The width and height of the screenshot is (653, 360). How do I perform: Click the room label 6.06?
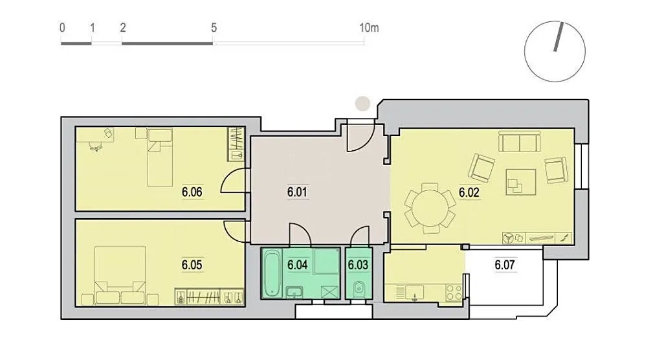point(192,192)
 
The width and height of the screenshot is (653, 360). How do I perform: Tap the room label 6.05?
point(192,265)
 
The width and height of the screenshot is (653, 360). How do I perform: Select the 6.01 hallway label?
point(297,192)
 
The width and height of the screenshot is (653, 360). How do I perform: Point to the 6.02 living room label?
point(469,192)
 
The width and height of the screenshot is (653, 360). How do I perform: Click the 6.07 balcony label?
point(505,265)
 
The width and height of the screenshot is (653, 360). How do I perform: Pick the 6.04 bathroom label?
point(297,265)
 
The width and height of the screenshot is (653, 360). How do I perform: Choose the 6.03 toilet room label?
point(358,265)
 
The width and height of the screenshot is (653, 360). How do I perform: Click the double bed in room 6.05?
point(120,275)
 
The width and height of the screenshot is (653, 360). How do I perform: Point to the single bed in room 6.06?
point(160,157)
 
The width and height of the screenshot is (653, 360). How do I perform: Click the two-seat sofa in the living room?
point(519,142)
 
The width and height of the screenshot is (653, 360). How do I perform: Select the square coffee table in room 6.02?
point(520,182)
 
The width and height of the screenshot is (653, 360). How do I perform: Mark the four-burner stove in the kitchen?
point(453,293)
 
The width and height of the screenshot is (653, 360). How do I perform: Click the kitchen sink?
point(414,292)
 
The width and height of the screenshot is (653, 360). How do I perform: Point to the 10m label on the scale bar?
point(369,28)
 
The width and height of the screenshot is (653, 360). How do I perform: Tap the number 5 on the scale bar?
point(214,28)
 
